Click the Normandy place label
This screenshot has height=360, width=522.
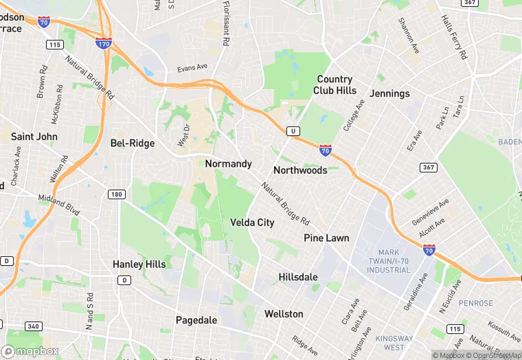pos(228,164)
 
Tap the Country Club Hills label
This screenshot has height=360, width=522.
pos(334,85)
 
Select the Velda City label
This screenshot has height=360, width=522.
pos(252,223)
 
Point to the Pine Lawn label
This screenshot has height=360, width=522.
pos(326,238)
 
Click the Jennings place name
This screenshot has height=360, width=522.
pos(389,93)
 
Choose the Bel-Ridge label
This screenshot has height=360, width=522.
pos(133,144)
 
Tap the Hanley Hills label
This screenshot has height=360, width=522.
pos(138,264)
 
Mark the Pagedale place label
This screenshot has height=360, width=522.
pos(196,320)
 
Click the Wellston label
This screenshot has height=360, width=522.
pos(284,314)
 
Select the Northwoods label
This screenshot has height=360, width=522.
pos(300,170)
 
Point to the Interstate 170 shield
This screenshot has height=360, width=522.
pos(104,43)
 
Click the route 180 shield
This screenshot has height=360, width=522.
pos(116,194)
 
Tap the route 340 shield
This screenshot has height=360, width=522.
pos(33,326)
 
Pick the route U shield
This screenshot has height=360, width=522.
pos(293,131)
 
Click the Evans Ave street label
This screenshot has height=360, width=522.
pos(192,67)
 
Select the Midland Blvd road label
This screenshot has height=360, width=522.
pos(60,204)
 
